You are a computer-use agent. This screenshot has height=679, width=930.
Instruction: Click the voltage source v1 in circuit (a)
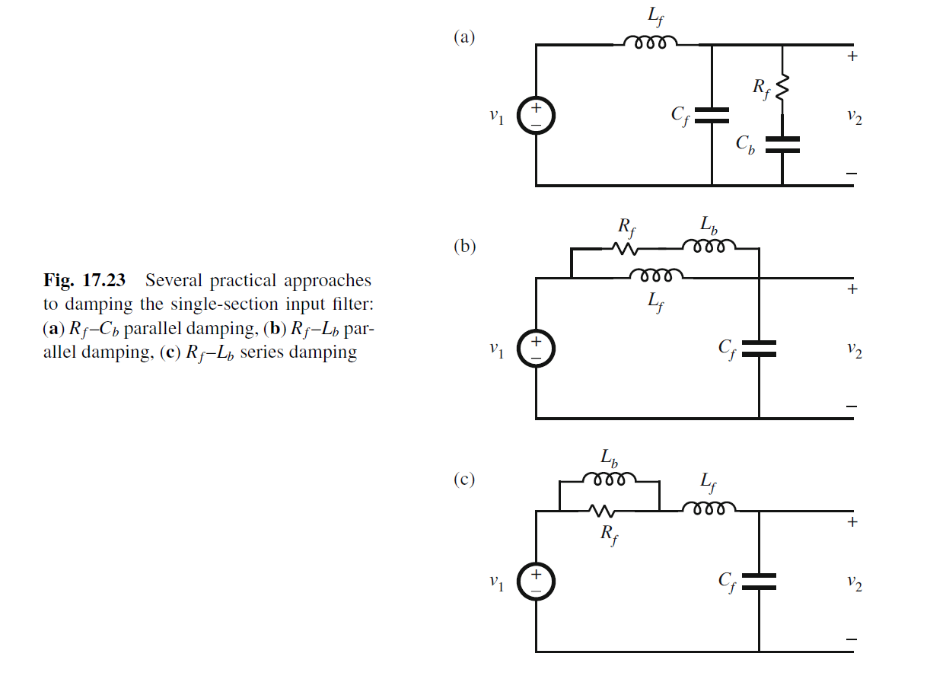(536, 116)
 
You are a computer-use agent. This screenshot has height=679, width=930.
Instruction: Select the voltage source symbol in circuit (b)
(536, 349)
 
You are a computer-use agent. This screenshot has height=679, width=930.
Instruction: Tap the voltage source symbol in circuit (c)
(536, 582)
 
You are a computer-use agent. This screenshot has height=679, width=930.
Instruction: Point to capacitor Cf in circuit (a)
(712, 115)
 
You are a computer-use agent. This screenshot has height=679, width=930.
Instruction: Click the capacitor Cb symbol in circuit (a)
(782, 145)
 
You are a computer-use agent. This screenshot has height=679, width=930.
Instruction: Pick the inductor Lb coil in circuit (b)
(709, 246)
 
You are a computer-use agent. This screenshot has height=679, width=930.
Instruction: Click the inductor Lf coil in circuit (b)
(657, 275)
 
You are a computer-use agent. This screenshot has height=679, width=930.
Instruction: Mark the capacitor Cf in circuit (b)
(759, 349)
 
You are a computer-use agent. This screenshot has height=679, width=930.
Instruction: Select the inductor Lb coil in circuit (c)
(609, 479)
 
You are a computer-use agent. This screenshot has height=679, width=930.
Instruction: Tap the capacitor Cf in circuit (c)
(759, 582)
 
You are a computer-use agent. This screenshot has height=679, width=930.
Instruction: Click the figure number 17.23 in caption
(104, 280)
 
